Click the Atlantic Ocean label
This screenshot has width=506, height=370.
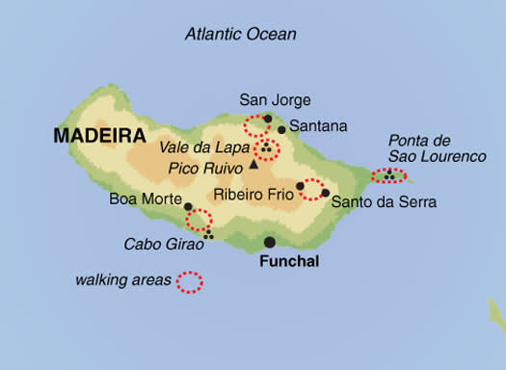pyautogui.click(x=240, y=35)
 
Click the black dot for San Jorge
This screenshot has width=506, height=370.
pyautogui.click(x=267, y=119)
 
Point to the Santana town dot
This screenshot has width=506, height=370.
pyautogui.click(x=281, y=129)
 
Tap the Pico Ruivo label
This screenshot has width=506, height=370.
pyautogui.click(x=204, y=168)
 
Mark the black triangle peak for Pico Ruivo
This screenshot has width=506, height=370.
pyautogui.click(x=254, y=165)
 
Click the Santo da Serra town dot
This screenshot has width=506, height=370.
pyautogui.click(x=326, y=193)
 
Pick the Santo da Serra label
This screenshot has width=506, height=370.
pyautogui.click(x=384, y=202)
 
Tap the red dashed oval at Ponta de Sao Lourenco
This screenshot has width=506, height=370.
pyautogui.click(x=389, y=176)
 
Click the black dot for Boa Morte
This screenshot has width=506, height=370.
pyautogui.click(x=188, y=206)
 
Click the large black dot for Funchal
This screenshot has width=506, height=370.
pyautogui.click(x=270, y=242)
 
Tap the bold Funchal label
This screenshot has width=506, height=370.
pyautogui.click(x=288, y=261)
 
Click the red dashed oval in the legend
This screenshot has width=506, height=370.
pyautogui.click(x=190, y=281)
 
